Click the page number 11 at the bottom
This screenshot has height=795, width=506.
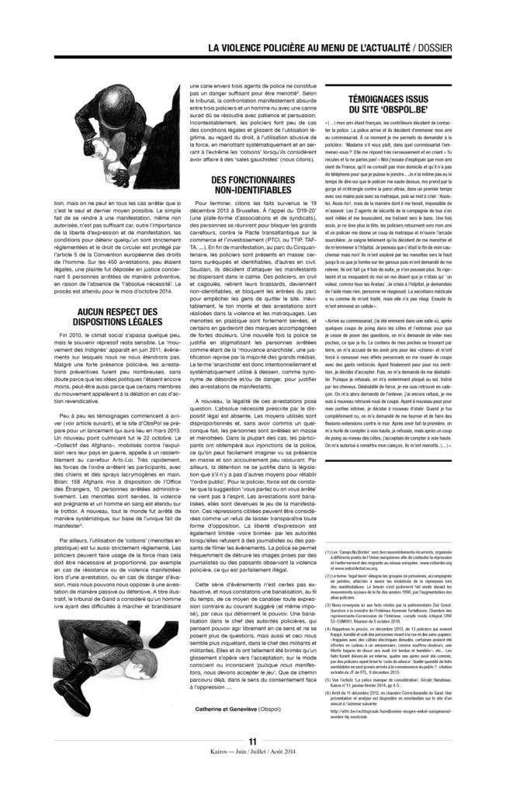point(252,762)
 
